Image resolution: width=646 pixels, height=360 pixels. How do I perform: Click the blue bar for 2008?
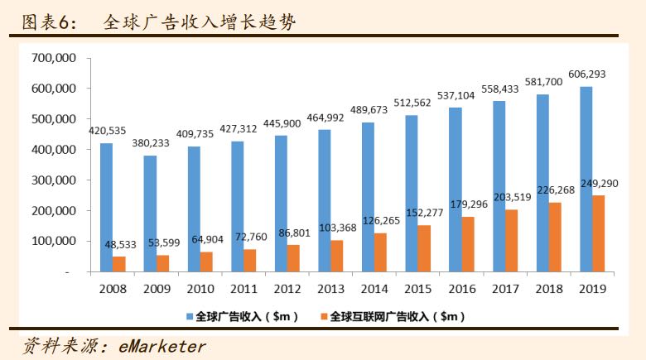click(x=106, y=207)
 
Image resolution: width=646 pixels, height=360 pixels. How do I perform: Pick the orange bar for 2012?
click(x=293, y=258)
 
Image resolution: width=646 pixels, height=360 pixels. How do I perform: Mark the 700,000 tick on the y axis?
click(x=53, y=58)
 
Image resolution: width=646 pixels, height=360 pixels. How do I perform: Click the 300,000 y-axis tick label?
click(x=53, y=180)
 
